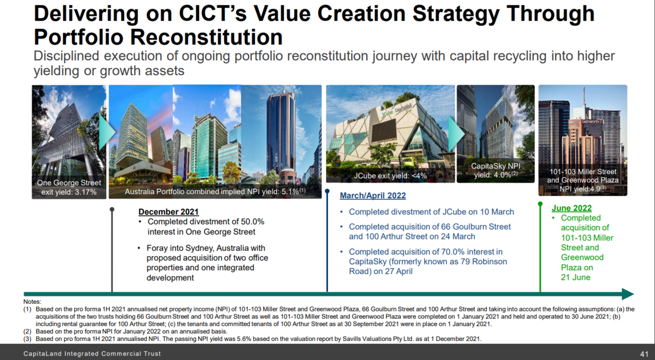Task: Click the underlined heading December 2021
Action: (169, 212)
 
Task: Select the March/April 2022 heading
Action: (373, 195)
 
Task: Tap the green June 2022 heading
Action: (571, 208)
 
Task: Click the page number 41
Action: (644, 354)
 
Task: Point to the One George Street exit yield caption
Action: (69, 187)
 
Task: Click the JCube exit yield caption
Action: (390, 176)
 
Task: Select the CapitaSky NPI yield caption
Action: (496, 170)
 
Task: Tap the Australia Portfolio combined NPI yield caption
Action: (215, 191)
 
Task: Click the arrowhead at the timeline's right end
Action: (628, 294)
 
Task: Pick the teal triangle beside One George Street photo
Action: (107, 132)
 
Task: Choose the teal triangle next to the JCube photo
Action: (456, 134)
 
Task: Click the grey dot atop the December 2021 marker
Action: (112, 209)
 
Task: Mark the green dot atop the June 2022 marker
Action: (540, 203)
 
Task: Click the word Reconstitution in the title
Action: (206, 37)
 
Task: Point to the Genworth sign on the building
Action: (592, 121)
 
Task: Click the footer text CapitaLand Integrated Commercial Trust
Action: (92, 353)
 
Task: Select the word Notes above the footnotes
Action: (32, 302)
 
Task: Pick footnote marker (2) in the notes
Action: (27, 332)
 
